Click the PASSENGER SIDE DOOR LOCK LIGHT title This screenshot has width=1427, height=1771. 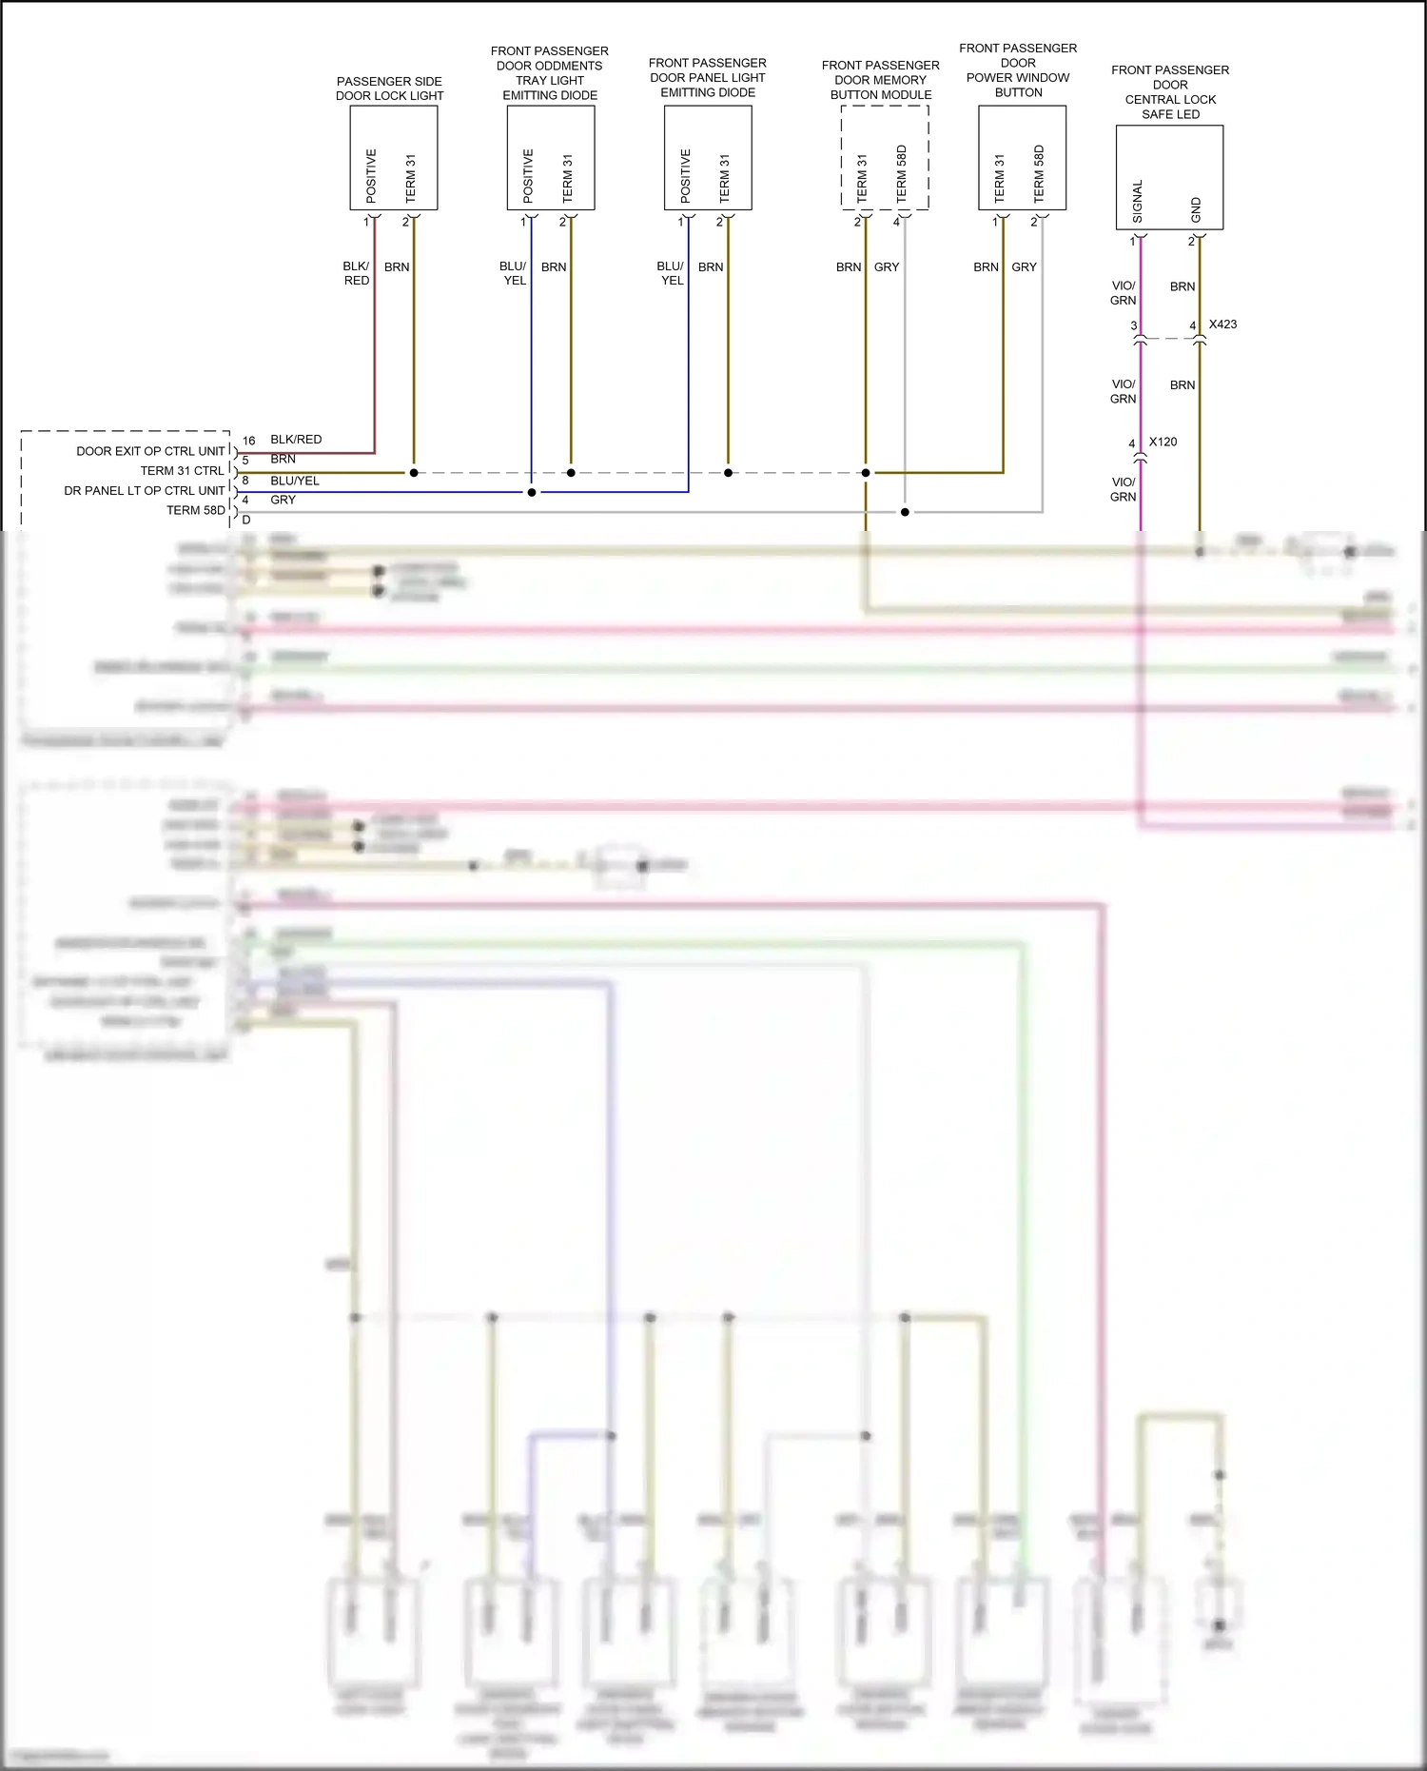(389, 89)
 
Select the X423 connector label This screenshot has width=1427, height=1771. (1222, 325)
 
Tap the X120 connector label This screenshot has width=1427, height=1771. (1163, 442)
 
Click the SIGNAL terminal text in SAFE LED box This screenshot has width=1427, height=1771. (1138, 202)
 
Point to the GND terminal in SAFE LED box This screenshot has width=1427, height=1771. (1196, 209)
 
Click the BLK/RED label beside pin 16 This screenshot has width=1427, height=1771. (296, 440)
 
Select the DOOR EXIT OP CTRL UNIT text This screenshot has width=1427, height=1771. (150, 451)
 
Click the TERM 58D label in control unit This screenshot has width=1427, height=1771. (195, 510)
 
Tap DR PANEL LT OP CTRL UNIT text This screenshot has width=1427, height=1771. (145, 491)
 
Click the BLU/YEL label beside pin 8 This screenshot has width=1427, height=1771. (295, 481)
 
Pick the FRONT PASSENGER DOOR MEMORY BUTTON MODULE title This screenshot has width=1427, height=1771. (880, 80)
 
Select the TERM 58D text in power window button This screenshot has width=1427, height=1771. (1039, 173)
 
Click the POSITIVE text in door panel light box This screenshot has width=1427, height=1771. (685, 175)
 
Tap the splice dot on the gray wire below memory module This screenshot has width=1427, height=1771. (905, 512)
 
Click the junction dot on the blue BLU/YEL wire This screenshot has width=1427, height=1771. (532, 492)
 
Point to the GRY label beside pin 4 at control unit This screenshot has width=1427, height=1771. (283, 500)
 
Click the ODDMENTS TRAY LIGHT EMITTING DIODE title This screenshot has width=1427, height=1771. (549, 73)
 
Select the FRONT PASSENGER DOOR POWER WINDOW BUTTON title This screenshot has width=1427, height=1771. (1018, 70)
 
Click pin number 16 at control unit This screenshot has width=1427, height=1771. (248, 441)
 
